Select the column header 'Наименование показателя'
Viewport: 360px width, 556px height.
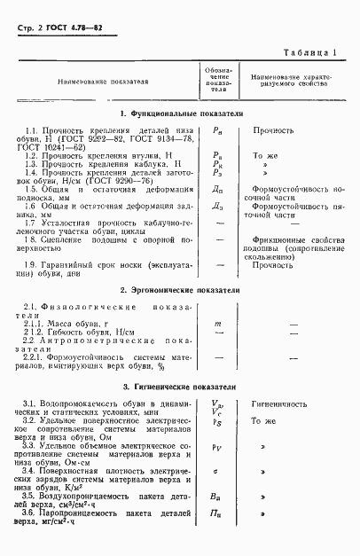105,82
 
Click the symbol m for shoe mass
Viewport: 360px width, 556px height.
217,325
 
